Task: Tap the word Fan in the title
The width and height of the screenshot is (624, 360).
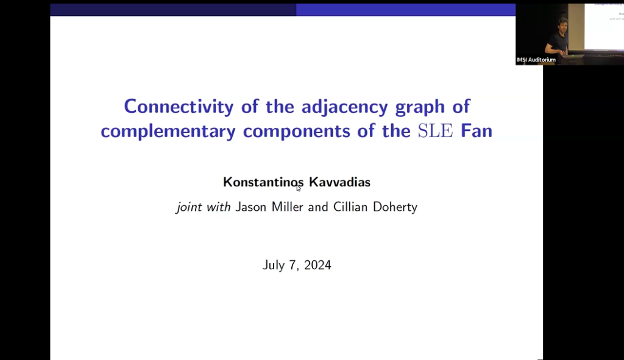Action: click(475, 131)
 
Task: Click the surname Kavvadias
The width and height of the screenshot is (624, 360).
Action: click(340, 182)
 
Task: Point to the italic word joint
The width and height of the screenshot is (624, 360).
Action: click(190, 207)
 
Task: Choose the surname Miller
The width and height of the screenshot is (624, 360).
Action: click(289, 207)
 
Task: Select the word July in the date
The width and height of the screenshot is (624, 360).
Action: click(274, 265)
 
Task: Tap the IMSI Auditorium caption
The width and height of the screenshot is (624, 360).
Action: click(536, 60)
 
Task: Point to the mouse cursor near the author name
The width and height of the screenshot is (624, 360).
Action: click(299, 188)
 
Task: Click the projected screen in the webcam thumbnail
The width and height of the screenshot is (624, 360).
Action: click(603, 24)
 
